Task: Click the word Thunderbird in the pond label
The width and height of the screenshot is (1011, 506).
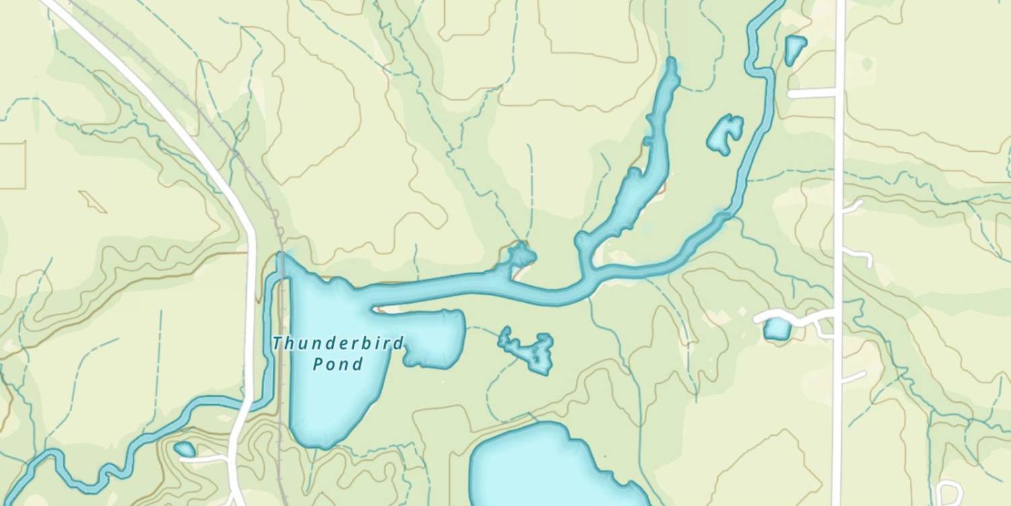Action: [x=338, y=343]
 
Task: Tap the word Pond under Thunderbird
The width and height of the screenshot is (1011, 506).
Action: [x=338, y=365]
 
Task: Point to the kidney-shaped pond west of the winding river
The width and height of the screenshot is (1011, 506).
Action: [x=725, y=134]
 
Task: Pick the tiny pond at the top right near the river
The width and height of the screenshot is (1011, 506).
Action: [x=795, y=49]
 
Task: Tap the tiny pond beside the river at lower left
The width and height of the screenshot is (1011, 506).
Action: [x=184, y=449]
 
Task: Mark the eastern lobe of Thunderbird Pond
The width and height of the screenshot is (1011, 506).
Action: [x=435, y=337]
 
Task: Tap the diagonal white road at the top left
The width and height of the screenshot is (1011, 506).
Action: [x=148, y=101]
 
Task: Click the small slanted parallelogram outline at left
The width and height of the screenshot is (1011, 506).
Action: [x=92, y=201]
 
